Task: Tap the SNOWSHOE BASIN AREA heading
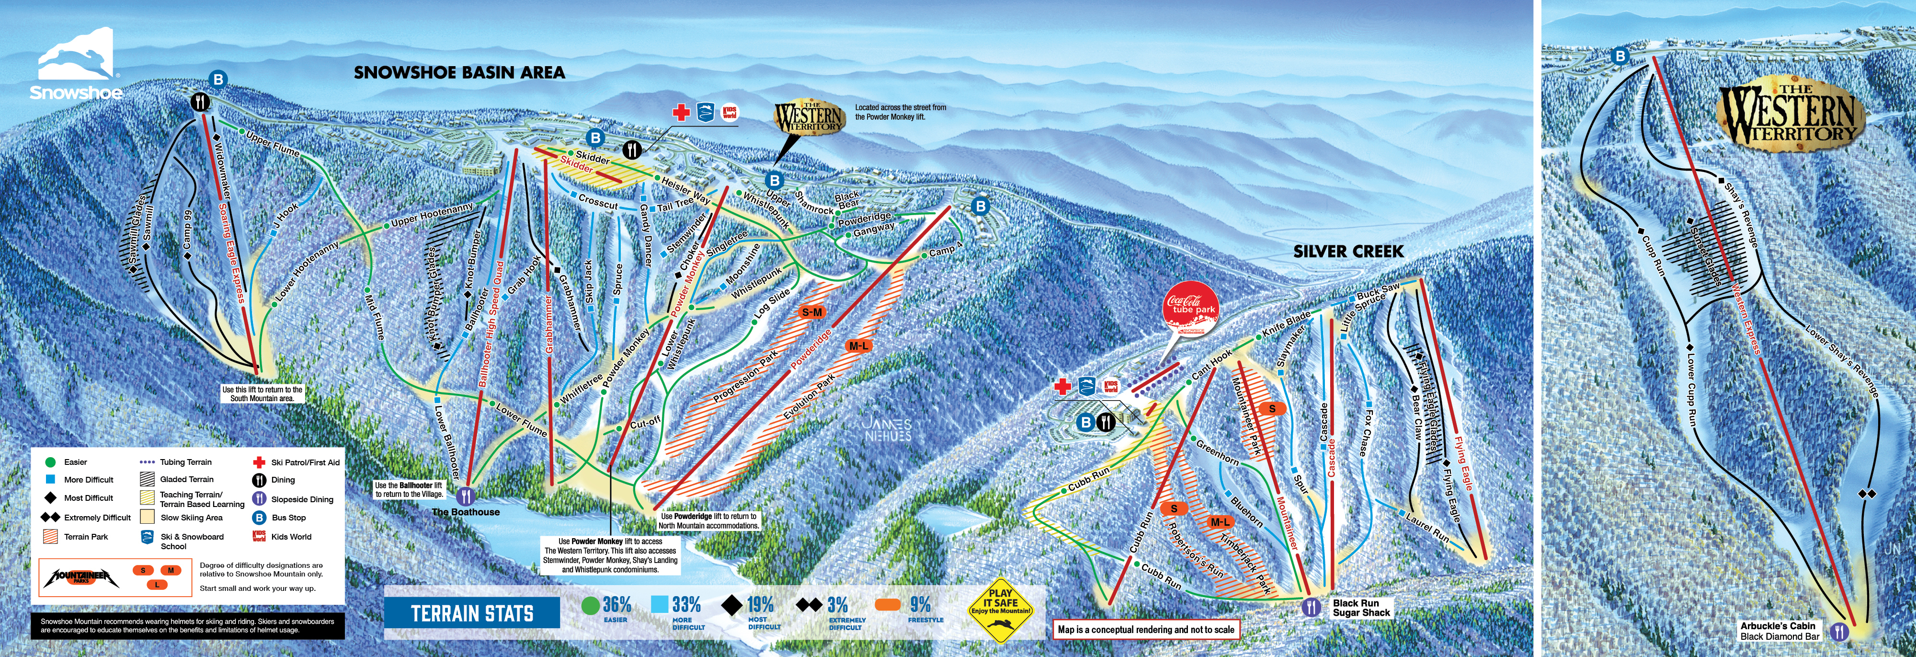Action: [459, 73]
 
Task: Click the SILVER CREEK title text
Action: [1348, 252]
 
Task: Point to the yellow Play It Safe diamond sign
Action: [1001, 610]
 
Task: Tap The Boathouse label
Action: [466, 512]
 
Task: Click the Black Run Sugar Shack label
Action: [1361, 608]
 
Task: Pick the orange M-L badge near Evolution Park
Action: [858, 346]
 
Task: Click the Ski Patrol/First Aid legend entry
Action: [297, 462]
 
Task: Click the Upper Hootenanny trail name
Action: [432, 214]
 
